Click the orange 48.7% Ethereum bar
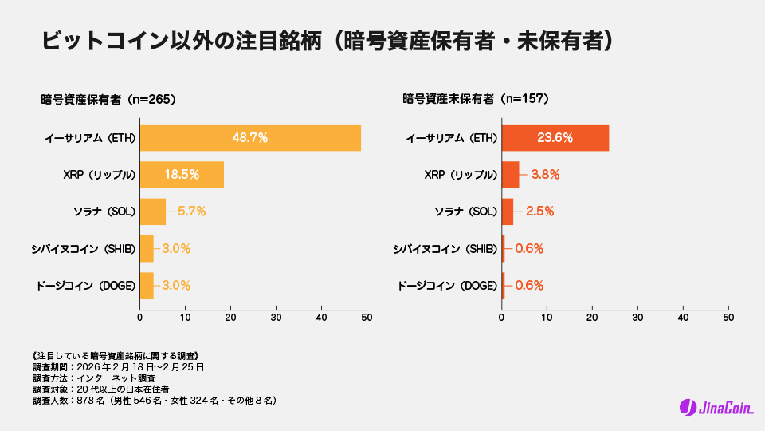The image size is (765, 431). point(250,137)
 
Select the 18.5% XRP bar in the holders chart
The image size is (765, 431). point(182,174)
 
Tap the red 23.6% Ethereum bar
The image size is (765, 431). point(555,137)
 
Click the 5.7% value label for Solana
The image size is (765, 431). point(192,212)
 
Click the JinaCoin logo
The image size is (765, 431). point(716,408)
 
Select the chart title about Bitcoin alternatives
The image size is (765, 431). point(328,41)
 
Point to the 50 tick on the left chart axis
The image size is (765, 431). point(367,317)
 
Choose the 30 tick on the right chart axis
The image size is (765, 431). point(637,317)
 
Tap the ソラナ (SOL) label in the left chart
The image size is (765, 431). point(104,212)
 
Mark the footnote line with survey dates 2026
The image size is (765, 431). point(118,366)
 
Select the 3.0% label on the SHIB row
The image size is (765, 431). point(176,248)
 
